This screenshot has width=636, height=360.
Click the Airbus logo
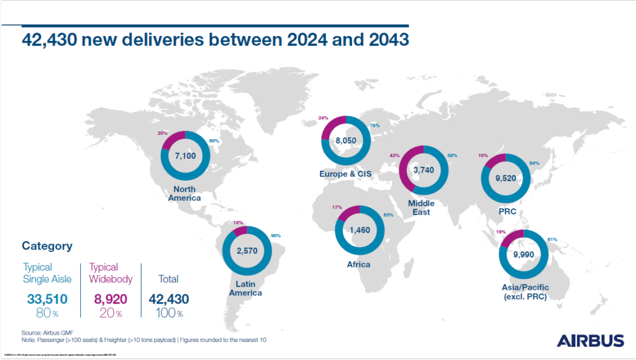[590, 340]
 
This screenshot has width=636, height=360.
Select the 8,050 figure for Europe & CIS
[345, 141]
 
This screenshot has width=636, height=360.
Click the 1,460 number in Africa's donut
[358, 230]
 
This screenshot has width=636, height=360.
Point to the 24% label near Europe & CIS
[322, 117]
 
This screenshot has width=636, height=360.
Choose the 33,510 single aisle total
[47, 299]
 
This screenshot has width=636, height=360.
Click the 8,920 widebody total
[112, 299]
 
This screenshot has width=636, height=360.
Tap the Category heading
[47, 246]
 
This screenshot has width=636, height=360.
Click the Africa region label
[358, 264]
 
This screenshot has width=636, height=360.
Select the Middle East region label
[421, 208]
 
